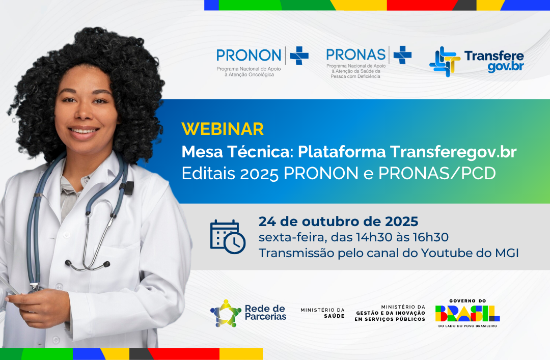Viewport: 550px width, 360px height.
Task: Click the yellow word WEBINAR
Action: [x=223, y=129]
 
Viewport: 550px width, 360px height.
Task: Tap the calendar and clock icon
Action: [x=227, y=237]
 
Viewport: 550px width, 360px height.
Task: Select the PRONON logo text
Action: [x=249, y=55]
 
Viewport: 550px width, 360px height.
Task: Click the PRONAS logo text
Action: [x=355, y=54]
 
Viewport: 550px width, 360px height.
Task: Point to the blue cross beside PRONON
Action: [x=299, y=56]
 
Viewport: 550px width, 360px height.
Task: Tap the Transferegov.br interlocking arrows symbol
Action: [x=444, y=62]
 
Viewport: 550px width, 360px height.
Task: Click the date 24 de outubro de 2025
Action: [x=338, y=221]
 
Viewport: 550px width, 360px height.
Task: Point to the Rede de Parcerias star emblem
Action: [x=226, y=313]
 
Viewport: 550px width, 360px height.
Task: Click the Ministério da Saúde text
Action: [x=322, y=313]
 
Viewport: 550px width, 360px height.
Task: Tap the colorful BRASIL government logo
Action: [x=468, y=313]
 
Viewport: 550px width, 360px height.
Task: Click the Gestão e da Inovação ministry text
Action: [x=390, y=313]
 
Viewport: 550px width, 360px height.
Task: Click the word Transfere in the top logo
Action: [x=493, y=56]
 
